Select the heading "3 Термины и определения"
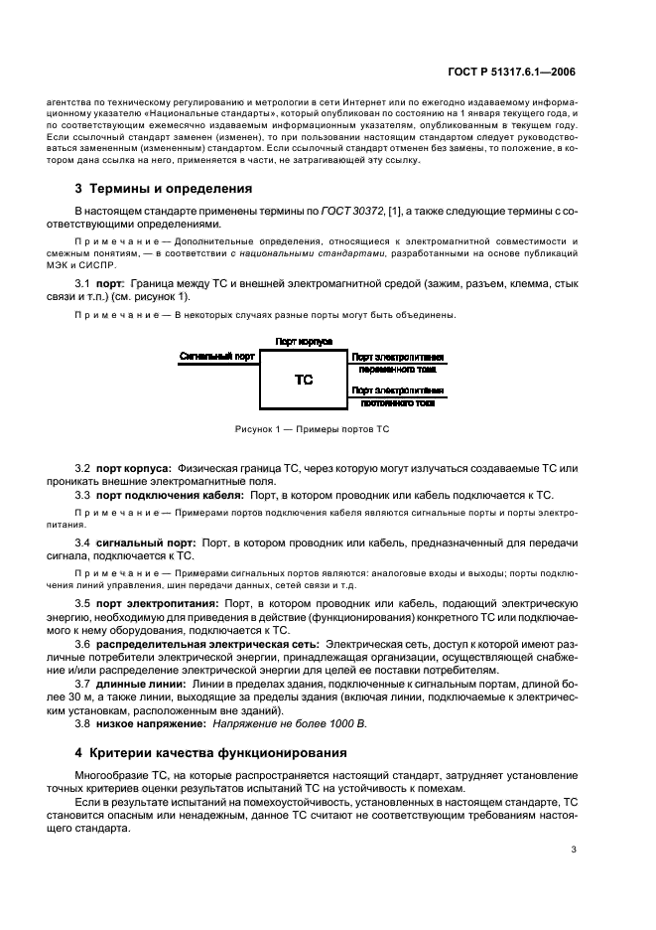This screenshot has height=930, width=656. pyautogui.click(x=164, y=188)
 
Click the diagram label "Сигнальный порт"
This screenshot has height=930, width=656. pyautogui.click(x=217, y=355)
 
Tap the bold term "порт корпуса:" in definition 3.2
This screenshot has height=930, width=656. pyautogui.click(x=134, y=468)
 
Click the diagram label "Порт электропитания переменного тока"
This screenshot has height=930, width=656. pyautogui.click(x=397, y=362)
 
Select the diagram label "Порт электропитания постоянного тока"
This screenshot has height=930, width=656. pyautogui.click(x=397, y=396)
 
